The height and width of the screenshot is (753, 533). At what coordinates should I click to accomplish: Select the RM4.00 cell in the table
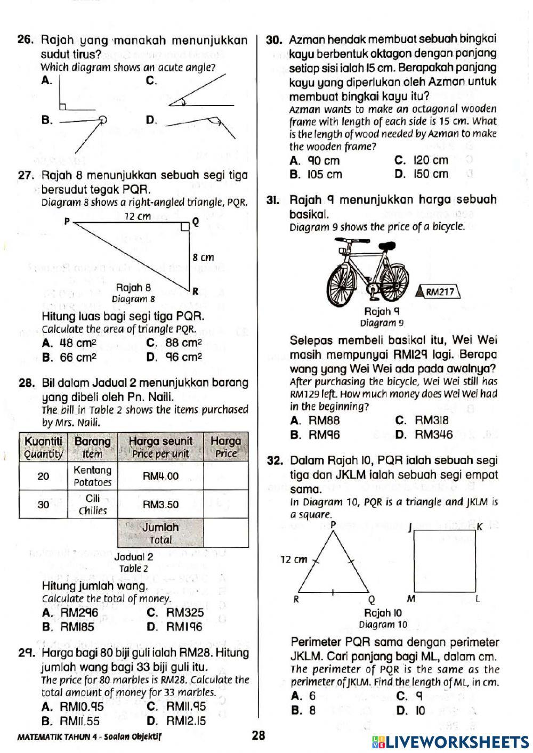point(160,476)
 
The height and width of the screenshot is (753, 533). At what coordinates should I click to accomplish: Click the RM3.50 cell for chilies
point(160,504)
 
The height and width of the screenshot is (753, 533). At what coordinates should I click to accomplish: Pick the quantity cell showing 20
point(43,476)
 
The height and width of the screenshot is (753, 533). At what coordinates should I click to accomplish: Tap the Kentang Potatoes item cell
point(93,476)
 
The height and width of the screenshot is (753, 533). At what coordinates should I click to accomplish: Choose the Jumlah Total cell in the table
point(160,533)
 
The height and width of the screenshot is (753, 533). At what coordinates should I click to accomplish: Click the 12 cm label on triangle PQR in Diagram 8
point(137,216)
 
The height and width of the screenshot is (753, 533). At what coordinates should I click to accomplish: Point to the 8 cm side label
point(203,257)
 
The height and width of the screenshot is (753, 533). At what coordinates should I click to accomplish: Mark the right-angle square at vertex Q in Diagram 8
point(184,228)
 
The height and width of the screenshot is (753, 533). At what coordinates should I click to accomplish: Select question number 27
point(26,175)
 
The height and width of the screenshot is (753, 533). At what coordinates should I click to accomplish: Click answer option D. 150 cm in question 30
point(421,174)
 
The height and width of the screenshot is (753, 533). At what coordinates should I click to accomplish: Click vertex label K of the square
point(478,527)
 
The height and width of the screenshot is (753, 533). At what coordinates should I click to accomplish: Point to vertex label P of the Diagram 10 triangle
point(334,524)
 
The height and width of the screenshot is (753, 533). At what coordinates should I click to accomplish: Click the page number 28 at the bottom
point(259,736)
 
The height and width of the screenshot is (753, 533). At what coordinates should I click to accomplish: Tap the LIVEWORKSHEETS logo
point(450,742)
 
